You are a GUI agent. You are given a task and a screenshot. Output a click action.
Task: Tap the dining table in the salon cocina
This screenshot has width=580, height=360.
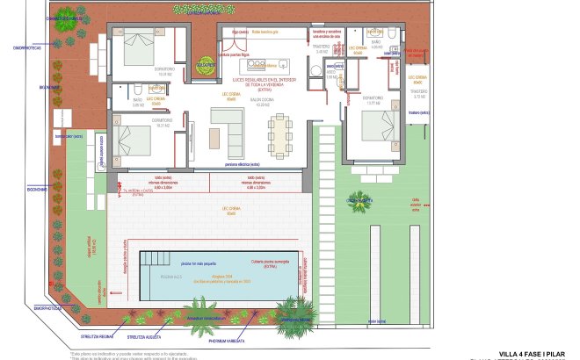click(x=282, y=134)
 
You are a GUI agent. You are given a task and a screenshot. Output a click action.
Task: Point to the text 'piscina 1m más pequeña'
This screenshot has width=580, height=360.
click(x=199, y=263)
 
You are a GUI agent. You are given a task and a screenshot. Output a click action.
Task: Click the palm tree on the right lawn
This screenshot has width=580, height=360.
click(x=360, y=203)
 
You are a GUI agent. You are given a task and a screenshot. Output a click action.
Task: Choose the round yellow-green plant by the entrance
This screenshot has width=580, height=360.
click(x=205, y=65)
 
